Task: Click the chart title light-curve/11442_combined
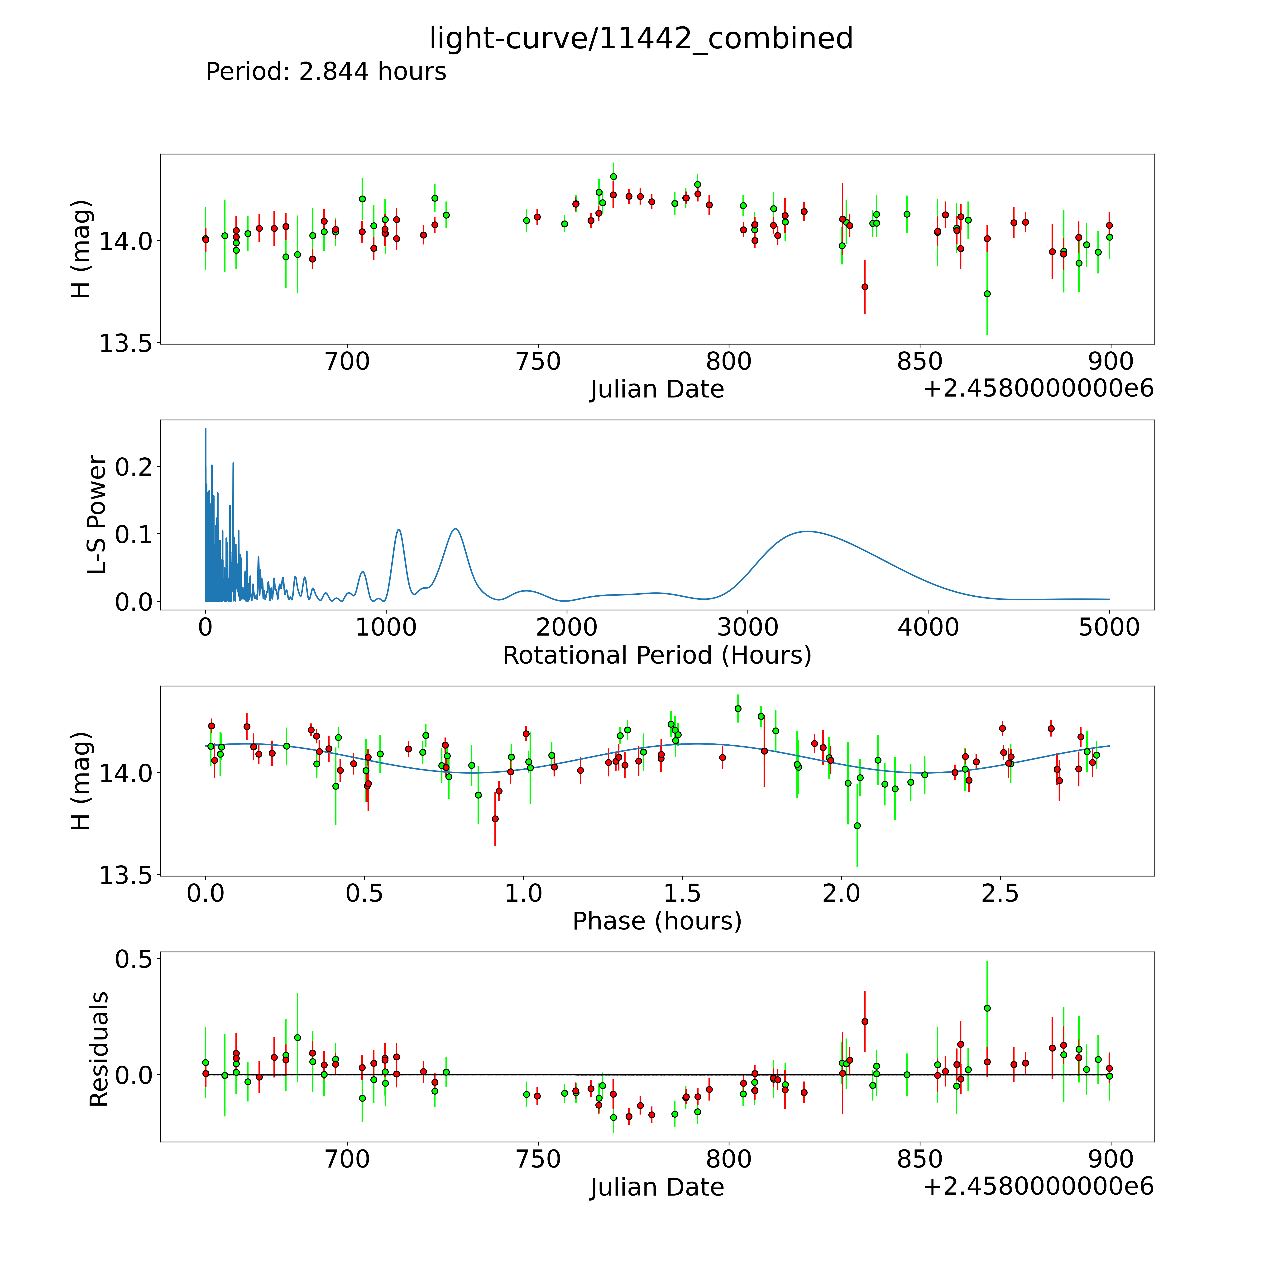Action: (x=641, y=38)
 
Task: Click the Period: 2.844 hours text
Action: (x=326, y=72)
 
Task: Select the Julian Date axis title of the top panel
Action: (x=657, y=389)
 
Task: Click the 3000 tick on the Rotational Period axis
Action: (x=748, y=627)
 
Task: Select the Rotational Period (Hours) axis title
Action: (x=657, y=656)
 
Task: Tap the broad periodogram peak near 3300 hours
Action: (x=807, y=531)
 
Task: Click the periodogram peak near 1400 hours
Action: (x=455, y=529)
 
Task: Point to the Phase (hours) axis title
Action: (x=657, y=921)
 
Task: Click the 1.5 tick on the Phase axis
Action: (x=683, y=894)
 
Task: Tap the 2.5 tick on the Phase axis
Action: (x=1000, y=894)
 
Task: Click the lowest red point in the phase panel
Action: (x=495, y=819)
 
